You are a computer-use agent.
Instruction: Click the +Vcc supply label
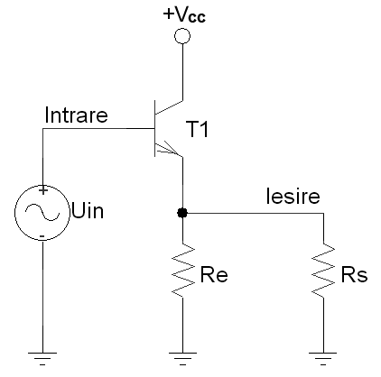(x=184, y=15)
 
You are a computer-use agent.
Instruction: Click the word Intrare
(x=76, y=115)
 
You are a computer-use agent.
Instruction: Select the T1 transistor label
(x=198, y=129)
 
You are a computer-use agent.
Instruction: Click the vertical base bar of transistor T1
(x=155, y=128)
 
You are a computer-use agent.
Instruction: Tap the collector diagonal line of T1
(x=169, y=107)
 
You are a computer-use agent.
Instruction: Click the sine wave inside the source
(x=42, y=212)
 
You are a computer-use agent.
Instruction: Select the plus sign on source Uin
(x=43, y=190)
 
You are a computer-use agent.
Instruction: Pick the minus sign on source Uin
(x=42, y=236)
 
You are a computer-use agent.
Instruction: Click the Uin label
(x=88, y=211)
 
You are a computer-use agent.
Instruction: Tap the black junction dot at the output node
(x=182, y=213)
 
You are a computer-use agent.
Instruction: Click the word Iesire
(x=293, y=197)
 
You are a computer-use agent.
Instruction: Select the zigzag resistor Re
(x=182, y=270)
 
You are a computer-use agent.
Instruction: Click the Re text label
(x=214, y=275)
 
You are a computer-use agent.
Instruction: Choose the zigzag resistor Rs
(x=323, y=270)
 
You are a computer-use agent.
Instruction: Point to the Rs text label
(x=354, y=275)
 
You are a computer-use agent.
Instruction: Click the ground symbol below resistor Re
(x=182, y=359)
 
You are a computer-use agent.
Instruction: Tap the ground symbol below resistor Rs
(x=323, y=359)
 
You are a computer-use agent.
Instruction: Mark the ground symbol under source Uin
(x=42, y=359)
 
